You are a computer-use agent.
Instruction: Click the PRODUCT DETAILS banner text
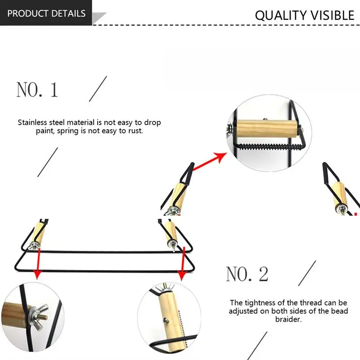46,13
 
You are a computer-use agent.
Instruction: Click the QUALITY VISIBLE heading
305,15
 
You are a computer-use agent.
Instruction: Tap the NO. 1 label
37,90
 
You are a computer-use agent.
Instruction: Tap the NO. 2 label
247,274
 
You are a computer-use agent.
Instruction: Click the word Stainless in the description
36,122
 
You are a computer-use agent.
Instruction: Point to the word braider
288,319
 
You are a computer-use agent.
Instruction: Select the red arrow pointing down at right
182,265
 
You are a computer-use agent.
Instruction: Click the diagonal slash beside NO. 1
98,89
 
